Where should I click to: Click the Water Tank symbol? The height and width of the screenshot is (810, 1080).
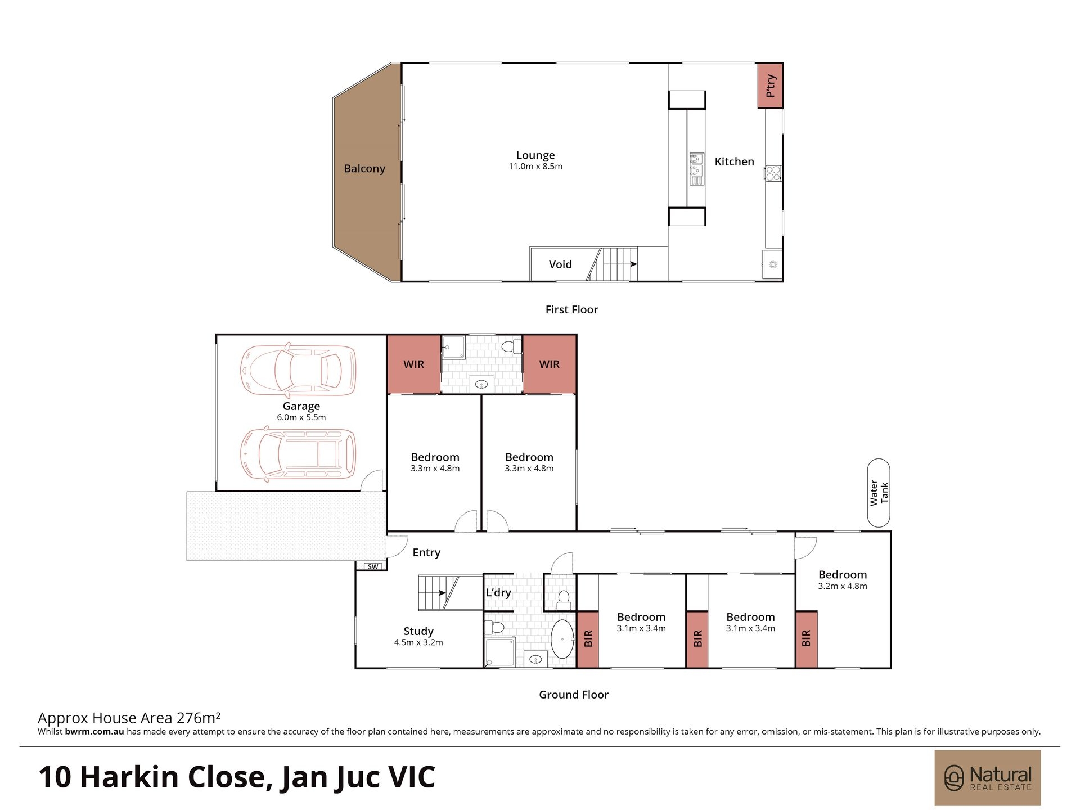[x=879, y=493]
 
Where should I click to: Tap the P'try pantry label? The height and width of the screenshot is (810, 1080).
[x=771, y=85]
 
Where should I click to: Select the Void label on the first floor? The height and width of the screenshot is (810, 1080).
[x=560, y=264]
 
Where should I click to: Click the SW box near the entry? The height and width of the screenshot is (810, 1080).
[x=373, y=566]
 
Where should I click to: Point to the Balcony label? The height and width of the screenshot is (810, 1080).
[x=364, y=168]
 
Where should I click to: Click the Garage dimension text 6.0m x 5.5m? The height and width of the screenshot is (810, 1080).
[x=301, y=417]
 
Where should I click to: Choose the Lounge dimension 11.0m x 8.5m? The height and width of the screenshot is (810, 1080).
[x=535, y=166]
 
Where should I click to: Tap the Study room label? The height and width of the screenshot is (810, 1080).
[x=418, y=631]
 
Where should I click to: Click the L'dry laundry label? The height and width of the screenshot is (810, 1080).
[x=498, y=592]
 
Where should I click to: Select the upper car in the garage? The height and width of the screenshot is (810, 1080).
[x=298, y=369]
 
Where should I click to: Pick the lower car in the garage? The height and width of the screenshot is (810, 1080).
[x=298, y=454]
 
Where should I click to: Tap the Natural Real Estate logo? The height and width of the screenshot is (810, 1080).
[x=988, y=778]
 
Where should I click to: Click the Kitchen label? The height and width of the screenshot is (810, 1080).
[x=734, y=161]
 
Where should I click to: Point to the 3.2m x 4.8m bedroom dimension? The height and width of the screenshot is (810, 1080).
[x=843, y=586]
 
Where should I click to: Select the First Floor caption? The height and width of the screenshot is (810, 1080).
[x=571, y=309]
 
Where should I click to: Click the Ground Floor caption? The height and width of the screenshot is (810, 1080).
[x=574, y=695]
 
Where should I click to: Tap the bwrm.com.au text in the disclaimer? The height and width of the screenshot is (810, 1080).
[x=94, y=732]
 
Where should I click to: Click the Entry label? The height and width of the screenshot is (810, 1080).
[x=426, y=552]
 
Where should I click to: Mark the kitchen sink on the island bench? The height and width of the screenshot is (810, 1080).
[x=697, y=169]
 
